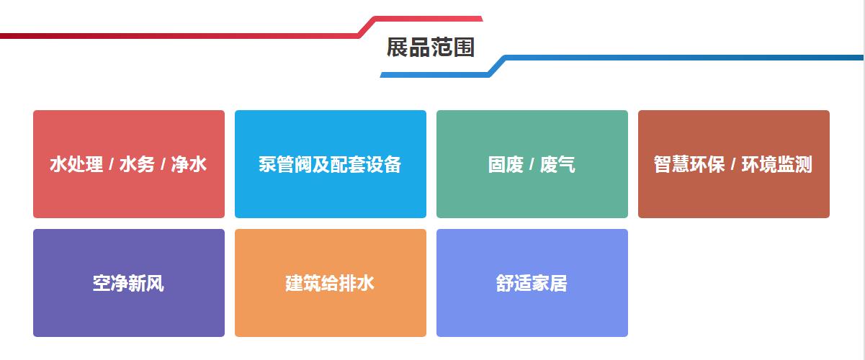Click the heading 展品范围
(430, 48)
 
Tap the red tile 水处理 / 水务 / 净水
(129, 164)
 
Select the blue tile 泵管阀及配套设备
(330, 164)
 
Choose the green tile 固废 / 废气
(532, 164)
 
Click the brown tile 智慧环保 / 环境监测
(734, 164)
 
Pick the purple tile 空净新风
(129, 283)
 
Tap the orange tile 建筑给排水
(330, 283)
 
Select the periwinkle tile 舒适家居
(532, 283)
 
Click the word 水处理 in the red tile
(76, 164)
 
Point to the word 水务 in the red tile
(137, 164)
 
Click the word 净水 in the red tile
(189, 164)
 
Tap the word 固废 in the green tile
(506, 164)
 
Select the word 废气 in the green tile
(557, 164)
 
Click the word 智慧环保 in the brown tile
(689, 164)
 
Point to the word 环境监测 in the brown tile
(777, 164)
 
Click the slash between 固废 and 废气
(532, 165)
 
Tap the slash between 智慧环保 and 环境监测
(733, 165)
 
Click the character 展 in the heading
(398, 48)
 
